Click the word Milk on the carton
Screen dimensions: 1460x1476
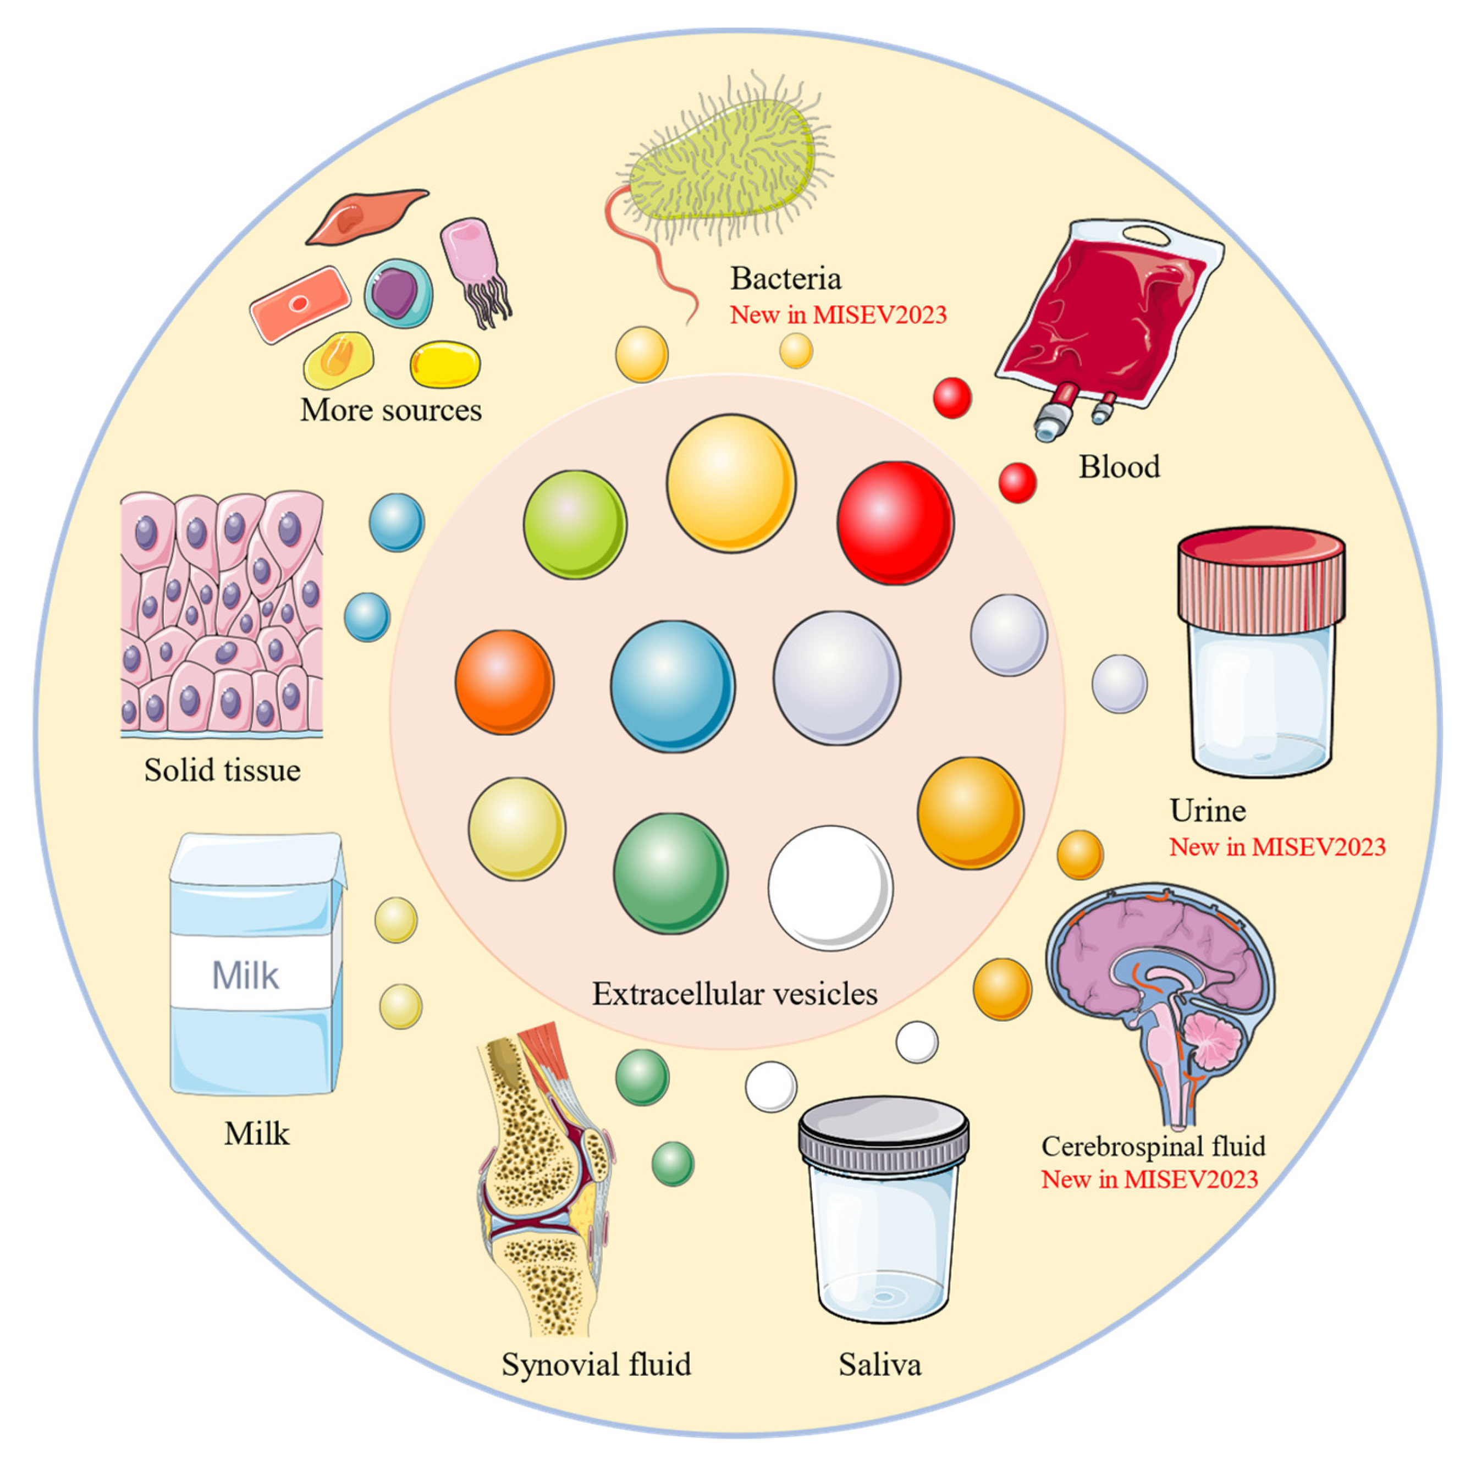tap(245, 976)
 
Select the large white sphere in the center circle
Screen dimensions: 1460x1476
tap(830, 888)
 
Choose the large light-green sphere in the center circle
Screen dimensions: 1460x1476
tap(575, 524)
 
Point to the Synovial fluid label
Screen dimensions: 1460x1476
tap(596, 1364)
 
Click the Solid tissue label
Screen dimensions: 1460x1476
tap(222, 770)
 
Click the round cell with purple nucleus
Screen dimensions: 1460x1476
tap(397, 293)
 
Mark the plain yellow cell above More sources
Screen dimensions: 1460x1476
tap(445, 365)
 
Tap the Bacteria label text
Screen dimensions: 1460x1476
tap(785, 279)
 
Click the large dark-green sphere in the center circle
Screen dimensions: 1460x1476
tap(670, 873)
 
